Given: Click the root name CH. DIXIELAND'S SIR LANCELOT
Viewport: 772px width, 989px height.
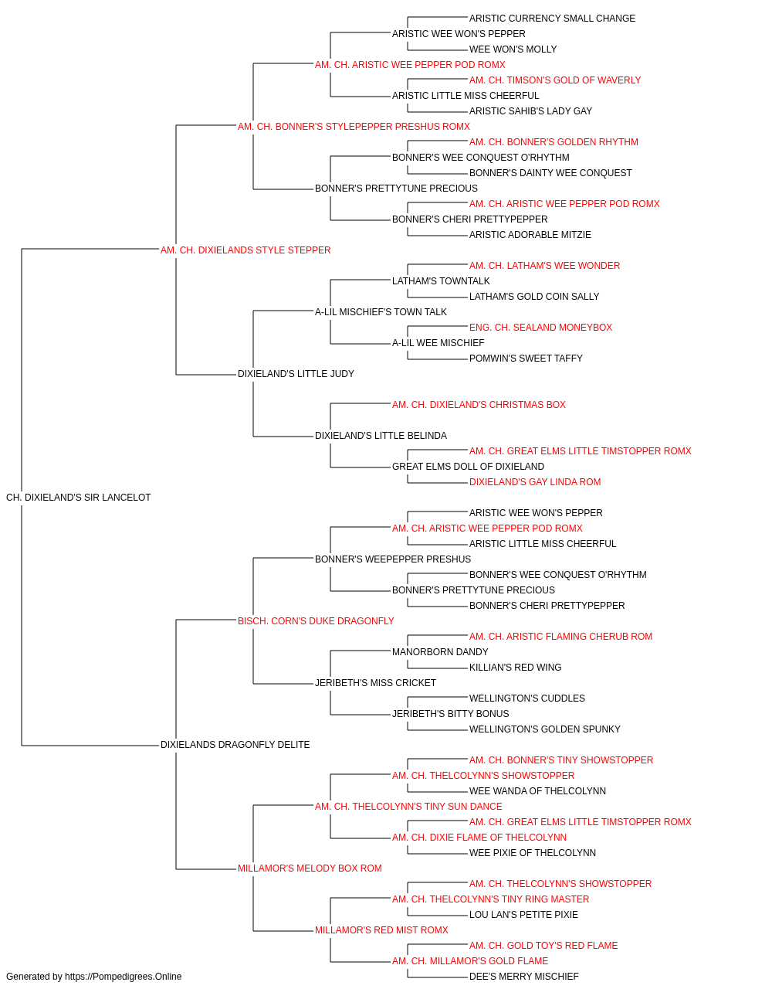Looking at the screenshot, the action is (78, 498).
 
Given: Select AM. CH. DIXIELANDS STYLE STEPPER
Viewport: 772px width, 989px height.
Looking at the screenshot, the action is (245, 250).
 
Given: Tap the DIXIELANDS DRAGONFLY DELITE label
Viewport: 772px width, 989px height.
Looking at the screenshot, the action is (235, 745).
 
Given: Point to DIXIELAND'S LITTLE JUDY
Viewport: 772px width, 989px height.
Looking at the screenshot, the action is (296, 374).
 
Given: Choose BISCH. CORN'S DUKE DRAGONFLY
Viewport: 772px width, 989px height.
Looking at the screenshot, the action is (316, 620).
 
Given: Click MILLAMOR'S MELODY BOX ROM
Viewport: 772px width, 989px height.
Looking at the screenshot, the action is (310, 868).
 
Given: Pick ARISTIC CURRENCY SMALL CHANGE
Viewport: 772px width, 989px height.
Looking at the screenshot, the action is (553, 19).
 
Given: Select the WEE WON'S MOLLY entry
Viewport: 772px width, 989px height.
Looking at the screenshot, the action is (513, 49).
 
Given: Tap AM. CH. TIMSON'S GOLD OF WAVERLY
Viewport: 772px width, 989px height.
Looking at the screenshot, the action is (555, 80).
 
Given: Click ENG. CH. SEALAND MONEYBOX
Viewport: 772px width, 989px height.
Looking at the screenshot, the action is (540, 328).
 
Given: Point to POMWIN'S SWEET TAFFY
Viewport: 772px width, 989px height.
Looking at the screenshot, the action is (526, 359).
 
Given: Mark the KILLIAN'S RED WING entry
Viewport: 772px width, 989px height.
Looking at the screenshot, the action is (515, 668).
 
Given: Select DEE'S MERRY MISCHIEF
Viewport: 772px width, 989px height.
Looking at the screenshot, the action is (523, 977).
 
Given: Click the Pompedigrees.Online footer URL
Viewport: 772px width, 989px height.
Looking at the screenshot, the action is (124, 977).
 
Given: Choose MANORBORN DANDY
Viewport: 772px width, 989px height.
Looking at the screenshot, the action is (440, 652).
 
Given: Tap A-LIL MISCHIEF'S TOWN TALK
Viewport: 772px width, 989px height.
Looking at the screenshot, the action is (381, 311).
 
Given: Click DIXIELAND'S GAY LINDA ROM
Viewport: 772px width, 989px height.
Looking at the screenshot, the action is (535, 482).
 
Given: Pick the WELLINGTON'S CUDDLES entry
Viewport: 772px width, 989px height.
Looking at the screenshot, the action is (527, 698).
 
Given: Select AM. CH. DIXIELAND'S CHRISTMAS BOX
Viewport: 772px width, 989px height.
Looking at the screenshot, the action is (479, 405).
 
